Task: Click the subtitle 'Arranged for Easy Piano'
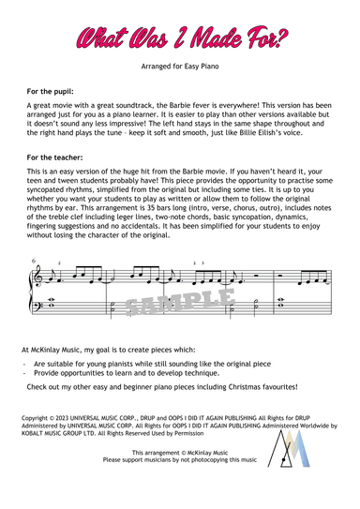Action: coord(181,69)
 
